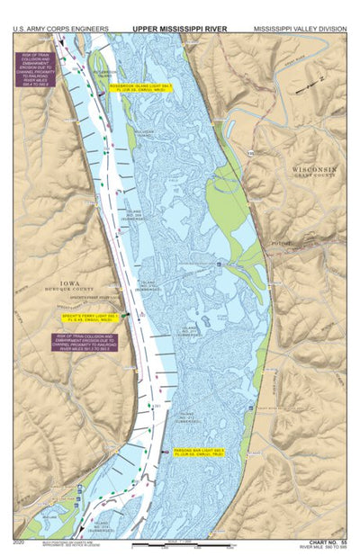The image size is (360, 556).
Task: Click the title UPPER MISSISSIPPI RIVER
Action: [179, 29]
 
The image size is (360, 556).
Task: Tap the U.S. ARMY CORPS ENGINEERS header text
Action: [60, 29]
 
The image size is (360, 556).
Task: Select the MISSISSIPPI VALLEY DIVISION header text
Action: [299, 29]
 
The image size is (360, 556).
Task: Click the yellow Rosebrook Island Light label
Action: [140, 87]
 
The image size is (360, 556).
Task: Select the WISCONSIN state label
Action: [313, 169]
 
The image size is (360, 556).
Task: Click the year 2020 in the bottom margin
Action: [20, 542]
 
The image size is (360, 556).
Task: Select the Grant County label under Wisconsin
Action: [313, 177]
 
